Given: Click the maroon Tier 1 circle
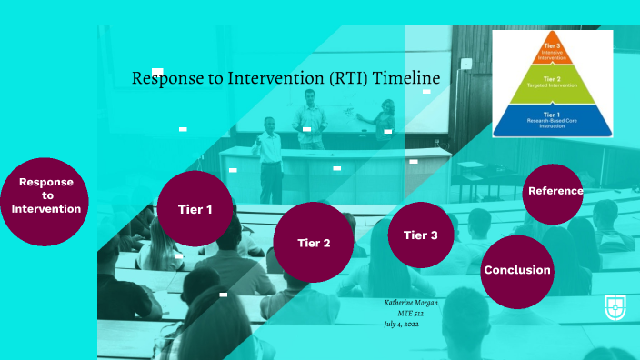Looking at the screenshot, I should tap(195, 209).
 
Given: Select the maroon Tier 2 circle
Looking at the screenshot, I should tap(313, 242).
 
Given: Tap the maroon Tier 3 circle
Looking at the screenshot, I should tap(420, 235).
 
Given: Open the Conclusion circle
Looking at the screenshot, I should tap(516, 270).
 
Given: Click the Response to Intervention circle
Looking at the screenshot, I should tap(45, 195).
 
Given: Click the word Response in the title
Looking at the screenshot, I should tap(166, 79).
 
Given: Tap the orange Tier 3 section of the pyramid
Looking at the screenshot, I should tap(552, 49).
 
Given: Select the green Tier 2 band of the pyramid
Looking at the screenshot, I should tap(552, 85).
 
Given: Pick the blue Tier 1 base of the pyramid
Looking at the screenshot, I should tap(552, 118).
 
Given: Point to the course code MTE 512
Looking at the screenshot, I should tap(411, 313).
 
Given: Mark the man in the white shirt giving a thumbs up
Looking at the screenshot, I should tap(269, 155).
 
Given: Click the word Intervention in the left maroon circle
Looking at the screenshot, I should tap(45, 209).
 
